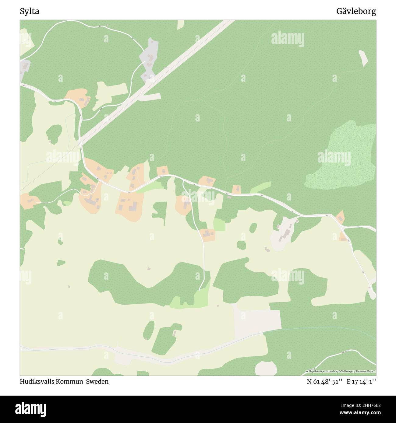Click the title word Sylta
pyautogui.click(x=29, y=12)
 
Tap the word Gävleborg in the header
pyautogui.click(x=356, y=12)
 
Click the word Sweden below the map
pyautogui.click(x=97, y=381)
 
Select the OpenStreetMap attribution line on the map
pyautogui.click(x=341, y=371)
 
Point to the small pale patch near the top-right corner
pyautogui.click(x=363, y=58)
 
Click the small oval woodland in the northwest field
pyautogui.click(x=54, y=134)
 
